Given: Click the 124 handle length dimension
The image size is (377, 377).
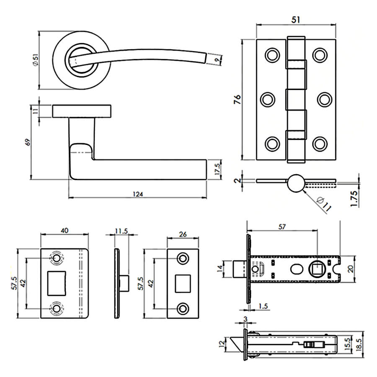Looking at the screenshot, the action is click(x=138, y=194).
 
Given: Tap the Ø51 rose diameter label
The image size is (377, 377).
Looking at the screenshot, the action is click(x=36, y=60).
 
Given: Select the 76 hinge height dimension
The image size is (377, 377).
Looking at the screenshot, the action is click(x=237, y=99).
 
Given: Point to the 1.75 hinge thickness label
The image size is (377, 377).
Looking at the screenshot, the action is click(x=354, y=199).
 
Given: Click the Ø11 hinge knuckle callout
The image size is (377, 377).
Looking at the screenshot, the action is click(x=324, y=204).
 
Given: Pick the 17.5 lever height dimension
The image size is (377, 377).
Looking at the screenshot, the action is click(x=217, y=169).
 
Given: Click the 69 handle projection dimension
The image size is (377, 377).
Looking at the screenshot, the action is click(x=28, y=142).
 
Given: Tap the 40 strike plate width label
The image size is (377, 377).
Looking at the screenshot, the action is click(x=65, y=230).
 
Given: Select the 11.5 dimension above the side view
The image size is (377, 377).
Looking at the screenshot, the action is click(x=121, y=231).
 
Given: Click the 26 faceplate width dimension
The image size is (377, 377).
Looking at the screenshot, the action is click(x=183, y=234).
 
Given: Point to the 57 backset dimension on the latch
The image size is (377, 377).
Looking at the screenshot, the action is click(x=282, y=227).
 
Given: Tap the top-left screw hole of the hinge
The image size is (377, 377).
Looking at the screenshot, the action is click(x=272, y=55).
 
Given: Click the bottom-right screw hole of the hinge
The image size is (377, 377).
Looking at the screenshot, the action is click(x=320, y=144).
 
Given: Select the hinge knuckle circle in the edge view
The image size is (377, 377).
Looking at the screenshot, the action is click(x=296, y=183).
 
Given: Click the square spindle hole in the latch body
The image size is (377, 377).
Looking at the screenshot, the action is click(x=318, y=269).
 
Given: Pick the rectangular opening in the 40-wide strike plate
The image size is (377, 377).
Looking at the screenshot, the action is click(x=57, y=283).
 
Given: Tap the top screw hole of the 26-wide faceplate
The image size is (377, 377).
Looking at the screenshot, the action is click(x=183, y=258).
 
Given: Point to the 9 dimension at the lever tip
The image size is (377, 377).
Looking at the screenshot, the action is click(x=218, y=60).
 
